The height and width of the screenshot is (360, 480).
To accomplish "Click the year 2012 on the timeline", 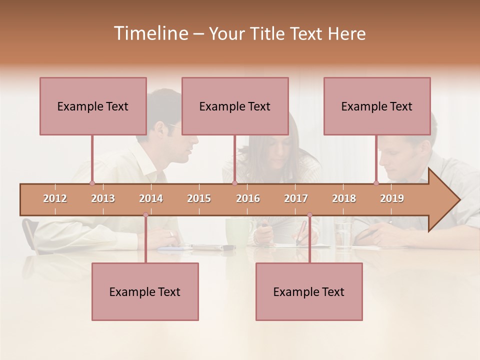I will (x=55, y=198).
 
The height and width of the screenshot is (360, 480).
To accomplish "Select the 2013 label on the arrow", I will (x=103, y=198).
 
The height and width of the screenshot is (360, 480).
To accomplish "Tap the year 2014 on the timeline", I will (x=151, y=198).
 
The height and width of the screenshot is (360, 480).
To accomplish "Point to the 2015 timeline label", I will (x=199, y=198).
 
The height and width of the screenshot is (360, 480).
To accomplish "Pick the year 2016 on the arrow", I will (x=248, y=198).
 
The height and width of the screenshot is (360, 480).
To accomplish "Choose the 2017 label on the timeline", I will (x=296, y=198).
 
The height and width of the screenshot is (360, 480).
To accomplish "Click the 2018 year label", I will (x=344, y=198).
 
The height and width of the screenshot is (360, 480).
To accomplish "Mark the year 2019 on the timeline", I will (x=392, y=198).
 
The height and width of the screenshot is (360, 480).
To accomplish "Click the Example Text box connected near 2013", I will (x=93, y=106).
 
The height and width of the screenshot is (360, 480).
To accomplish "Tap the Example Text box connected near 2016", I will (x=235, y=106).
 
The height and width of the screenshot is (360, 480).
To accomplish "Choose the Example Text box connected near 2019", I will (x=377, y=106).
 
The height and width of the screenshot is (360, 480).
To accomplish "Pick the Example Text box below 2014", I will (x=145, y=291).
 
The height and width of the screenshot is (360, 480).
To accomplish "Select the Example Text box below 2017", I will (x=309, y=291).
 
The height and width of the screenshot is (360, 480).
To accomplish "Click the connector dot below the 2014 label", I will (x=145, y=215).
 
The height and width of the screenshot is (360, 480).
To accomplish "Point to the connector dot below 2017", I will (x=309, y=215).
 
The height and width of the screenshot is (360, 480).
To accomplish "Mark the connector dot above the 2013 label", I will (x=92, y=183).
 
